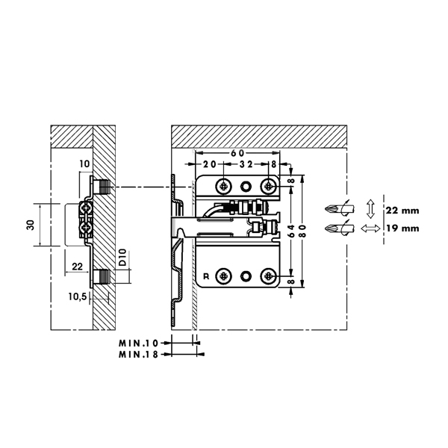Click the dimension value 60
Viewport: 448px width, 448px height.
coord(236,152)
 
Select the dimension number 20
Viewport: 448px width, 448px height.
coord(208,164)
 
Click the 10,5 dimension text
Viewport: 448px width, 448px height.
coord(78,297)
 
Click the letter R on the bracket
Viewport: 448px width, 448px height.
coord(206,277)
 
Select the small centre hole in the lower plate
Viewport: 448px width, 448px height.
coord(246,277)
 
